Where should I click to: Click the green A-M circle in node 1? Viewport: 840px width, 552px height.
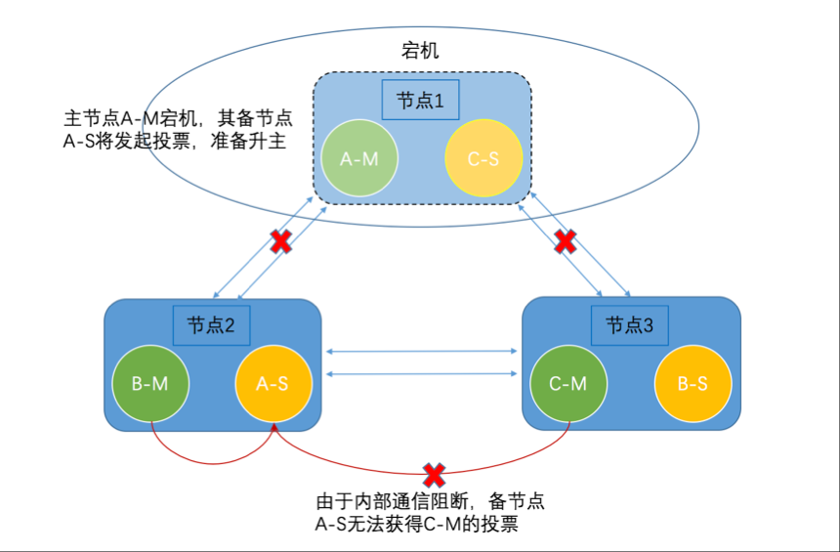(359, 157)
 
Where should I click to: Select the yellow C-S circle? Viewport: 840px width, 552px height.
(483, 157)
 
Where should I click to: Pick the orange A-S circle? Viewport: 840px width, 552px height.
(272, 384)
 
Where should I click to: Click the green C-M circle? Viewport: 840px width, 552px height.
(567, 384)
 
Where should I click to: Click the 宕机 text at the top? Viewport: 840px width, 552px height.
(421, 50)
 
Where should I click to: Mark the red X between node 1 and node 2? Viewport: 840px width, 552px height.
(280, 241)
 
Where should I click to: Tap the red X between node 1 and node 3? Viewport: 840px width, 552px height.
(565, 240)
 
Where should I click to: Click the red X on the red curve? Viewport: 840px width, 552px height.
(434, 475)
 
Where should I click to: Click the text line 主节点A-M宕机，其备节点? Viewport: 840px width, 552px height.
(178, 118)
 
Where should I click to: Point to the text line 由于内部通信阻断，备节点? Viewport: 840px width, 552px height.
(430, 502)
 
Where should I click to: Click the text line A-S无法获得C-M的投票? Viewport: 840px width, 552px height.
(416, 525)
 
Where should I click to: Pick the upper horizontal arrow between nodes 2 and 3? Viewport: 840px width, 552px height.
(422, 351)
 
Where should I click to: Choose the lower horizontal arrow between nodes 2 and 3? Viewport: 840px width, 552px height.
(422, 373)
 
